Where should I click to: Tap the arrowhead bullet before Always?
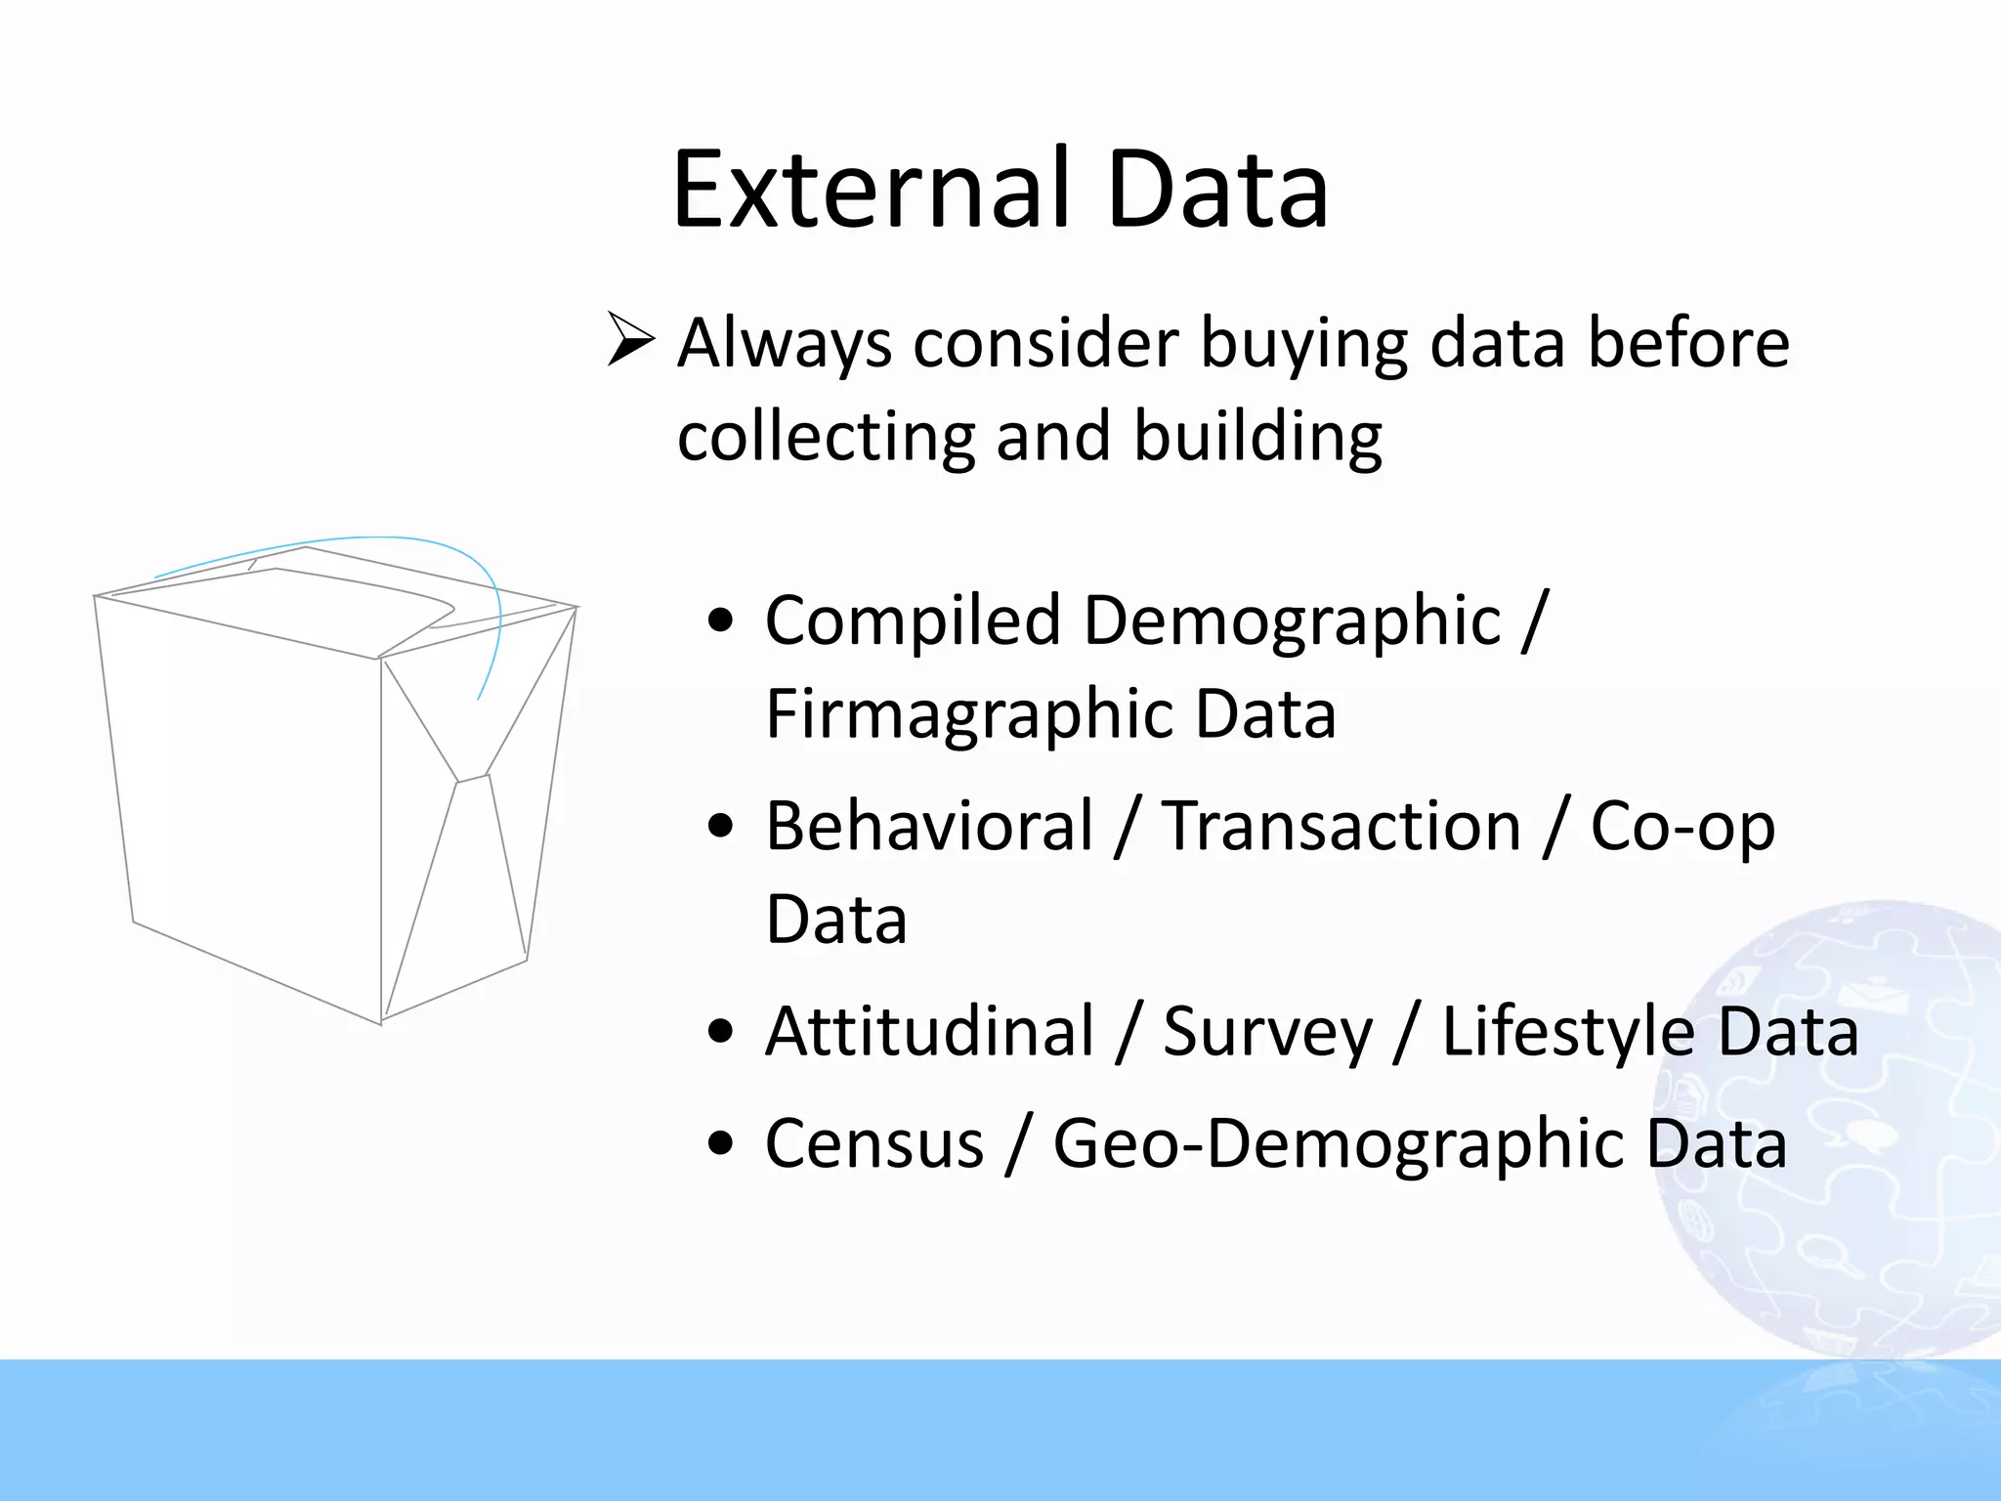tap(630, 339)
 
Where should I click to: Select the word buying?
tap(1303, 344)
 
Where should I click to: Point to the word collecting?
tap(826, 436)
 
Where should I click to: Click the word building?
tap(1257, 436)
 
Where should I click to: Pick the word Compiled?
tap(913, 621)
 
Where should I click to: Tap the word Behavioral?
tap(928, 827)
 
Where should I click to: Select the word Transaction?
tap(1341, 827)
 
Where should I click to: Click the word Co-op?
tap(1682, 827)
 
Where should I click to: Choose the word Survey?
tap(1267, 1033)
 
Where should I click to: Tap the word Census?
tap(873, 1143)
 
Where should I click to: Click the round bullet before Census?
tap(720, 1143)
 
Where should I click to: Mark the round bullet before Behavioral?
tap(720, 827)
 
